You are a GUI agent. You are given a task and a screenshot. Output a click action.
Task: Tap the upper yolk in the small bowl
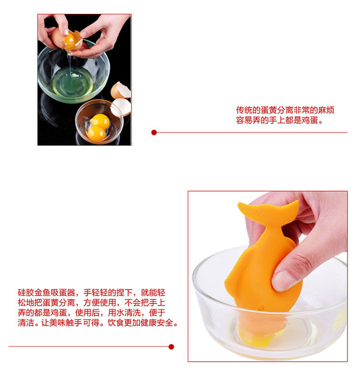pyautogui.click(x=100, y=121)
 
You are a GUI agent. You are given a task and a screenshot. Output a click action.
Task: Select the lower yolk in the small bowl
pyautogui.click(x=96, y=133)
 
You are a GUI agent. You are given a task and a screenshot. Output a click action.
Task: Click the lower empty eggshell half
pyautogui.click(x=120, y=107)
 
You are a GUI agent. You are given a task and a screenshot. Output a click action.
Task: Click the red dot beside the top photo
pyautogui.click(x=154, y=132)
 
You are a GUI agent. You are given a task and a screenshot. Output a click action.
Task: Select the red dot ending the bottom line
pyautogui.click(x=171, y=346)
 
